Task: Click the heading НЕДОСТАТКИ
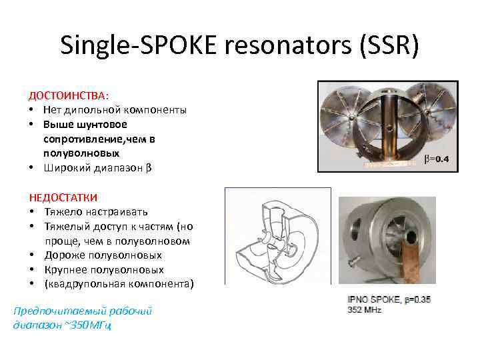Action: click(x=63, y=197)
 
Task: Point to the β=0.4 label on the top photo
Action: click(x=438, y=159)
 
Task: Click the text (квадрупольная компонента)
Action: click(x=119, y=285)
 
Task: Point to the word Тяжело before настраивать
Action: click(x=62, y=211)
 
